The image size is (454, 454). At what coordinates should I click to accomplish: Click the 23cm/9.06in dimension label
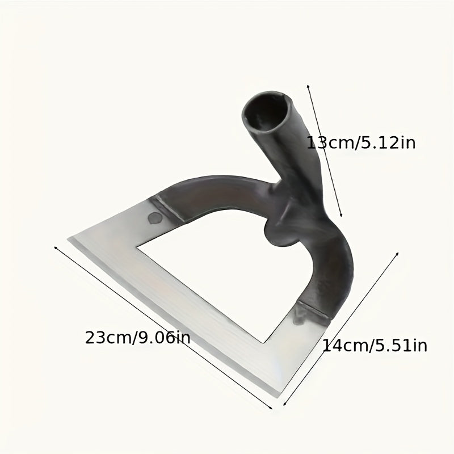137,338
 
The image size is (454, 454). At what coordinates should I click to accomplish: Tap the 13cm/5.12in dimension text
361,143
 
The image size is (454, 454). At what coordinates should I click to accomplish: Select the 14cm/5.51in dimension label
375,346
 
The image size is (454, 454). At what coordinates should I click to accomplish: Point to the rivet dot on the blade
154,218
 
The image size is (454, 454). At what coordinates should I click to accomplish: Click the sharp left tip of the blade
68,239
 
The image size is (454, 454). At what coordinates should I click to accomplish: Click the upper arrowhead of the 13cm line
308,86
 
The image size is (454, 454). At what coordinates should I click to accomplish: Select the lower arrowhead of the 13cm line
342,215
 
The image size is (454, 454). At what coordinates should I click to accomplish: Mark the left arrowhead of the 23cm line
56,247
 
